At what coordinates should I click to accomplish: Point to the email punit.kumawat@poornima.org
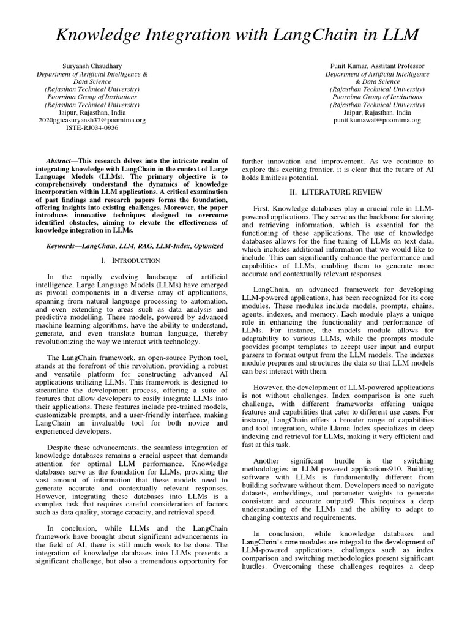377,121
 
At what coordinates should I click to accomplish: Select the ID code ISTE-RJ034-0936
93,128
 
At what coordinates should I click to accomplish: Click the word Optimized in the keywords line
208,246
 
